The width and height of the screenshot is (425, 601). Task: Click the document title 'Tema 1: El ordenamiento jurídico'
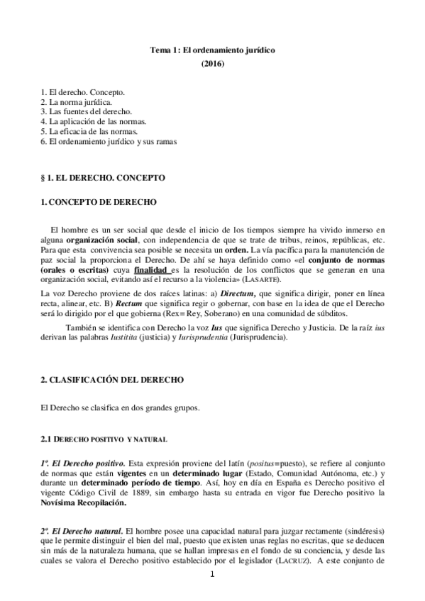[x=212, y=51]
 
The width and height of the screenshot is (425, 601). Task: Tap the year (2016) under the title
[x=212, y=64]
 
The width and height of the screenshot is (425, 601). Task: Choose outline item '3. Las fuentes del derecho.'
[x=86, y=111]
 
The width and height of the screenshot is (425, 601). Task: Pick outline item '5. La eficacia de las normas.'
[x=88, y=131]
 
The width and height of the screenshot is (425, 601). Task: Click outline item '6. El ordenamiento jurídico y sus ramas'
[x=109, y=141]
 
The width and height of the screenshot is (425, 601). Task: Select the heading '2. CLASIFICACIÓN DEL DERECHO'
[x=113, y=380]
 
